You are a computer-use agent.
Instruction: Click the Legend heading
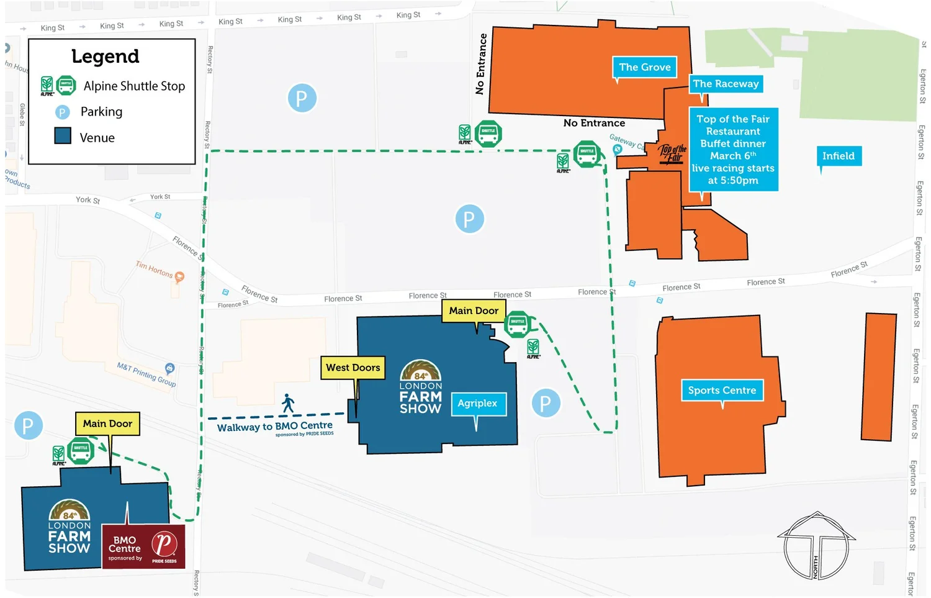pyautogui.click(x=105, y=57)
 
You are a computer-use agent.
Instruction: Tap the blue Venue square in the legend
pyautogui.click(x=63, y=136)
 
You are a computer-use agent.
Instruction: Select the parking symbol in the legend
pyautogui.click(x=63, y=112)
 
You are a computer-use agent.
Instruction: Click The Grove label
pyautogui.click(x=644, y=67)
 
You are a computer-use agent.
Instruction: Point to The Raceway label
pyautogui.click(x=726, y=84)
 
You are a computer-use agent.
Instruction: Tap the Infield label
pyautogui.click(x=838, y=156)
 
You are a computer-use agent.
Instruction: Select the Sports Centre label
pyautogui.click(x=722, y=390)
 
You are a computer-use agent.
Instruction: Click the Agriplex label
pyautogui.click(x=477, y=403)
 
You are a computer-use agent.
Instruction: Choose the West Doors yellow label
pyautogui.click(x=353, y=368)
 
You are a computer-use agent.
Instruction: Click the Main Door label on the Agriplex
pyautogui.click(x=474, y=310)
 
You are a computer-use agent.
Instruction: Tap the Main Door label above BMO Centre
pyautogui.click(x=107, y=424)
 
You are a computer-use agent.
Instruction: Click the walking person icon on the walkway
pyautogui.click(x=288, y=404)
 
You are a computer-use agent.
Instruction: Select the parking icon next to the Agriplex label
pyautogui.click(x=546, y=404)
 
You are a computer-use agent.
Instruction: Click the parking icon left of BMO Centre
pyautogui.click(x=28, y=426)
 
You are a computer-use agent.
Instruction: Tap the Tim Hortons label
pyautogui.click(x=155, y=269)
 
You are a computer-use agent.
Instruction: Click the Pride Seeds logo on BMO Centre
pyautogui.click(x=164, y=545)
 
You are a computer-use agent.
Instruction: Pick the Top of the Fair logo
pyautogui.click(x=673, y=153)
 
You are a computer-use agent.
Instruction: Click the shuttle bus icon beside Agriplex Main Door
pyautogui.click(x=517, y=324)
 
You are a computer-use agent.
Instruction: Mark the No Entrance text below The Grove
pyautogui.click(x=594, y=123)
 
